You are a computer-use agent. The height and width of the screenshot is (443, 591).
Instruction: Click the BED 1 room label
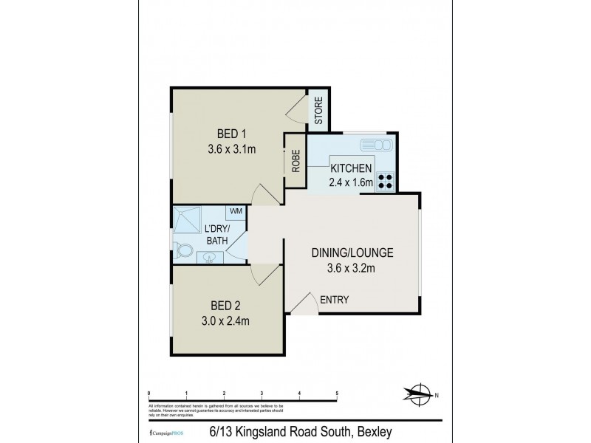pyautogui.click(x=231, y=134)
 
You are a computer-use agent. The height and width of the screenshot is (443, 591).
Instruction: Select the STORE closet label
pyautogui.click(x=318, y=111)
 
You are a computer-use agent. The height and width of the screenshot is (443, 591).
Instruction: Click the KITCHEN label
pyautogui.click(x=351, y=168)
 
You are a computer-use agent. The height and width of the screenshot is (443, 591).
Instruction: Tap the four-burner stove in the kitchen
pyautogui.click(x=386, y=181)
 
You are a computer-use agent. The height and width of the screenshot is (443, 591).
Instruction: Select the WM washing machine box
pyautogui.click(x=236, y=212)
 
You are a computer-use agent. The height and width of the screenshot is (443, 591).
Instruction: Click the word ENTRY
pyautogui.click(x=334, y=299)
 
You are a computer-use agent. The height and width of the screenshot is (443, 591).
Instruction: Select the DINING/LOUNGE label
pyautogui.click(x=352, y=253)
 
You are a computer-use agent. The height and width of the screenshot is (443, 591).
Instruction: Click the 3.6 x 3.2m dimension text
pyautogui.click(x=352, y=268)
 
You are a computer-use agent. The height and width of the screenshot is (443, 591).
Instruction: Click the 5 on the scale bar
pyautogui.click(x=337, y=393)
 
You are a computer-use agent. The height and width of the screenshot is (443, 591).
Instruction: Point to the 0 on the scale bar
pyautogui.click(x=149, y=393)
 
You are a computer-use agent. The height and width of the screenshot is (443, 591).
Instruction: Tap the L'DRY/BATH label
pyautogui.click(x=217, y=233)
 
